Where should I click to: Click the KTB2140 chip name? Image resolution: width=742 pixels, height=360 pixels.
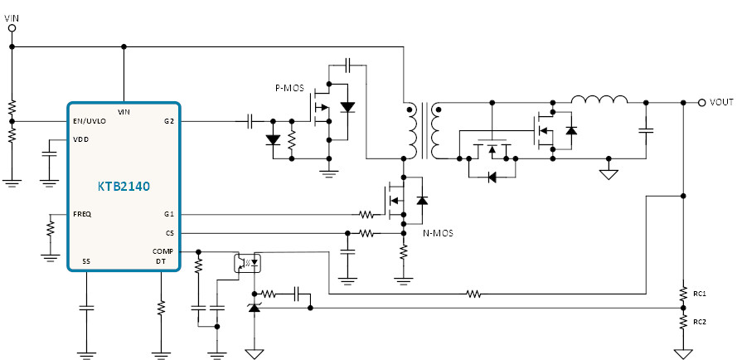(124, 186)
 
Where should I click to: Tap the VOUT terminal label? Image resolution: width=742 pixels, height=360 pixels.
(721, 102)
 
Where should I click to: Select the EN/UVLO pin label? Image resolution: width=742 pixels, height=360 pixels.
(90, 121)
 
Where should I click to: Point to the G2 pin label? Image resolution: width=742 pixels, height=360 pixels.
(169, 121)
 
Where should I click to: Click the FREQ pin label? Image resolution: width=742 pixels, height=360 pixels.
(82, 214)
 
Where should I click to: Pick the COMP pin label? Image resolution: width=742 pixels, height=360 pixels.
(162, 251)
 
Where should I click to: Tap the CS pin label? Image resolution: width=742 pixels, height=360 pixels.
(170, 233)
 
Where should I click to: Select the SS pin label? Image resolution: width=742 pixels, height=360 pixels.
(86, 261)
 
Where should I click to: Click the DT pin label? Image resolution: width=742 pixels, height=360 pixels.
(161, 261)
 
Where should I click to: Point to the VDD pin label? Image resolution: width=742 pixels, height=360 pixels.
(81, 139)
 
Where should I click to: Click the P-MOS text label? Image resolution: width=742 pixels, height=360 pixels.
(289, 88)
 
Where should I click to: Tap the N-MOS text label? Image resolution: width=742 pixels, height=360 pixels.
(438, 233)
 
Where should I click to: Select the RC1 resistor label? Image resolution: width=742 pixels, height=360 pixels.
(700, 294)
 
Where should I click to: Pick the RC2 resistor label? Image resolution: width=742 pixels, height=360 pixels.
(700, 322)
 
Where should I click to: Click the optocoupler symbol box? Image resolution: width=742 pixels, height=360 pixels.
(248, 264)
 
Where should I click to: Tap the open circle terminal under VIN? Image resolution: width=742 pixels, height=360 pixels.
(12, 28)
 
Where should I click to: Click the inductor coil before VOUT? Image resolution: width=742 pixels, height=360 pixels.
(599, 100)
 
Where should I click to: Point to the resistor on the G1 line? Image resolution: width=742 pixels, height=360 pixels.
(366, 215)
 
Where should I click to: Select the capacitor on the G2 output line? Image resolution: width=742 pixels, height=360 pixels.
(250, 121)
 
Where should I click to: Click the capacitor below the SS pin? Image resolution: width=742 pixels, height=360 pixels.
(86, 308)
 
